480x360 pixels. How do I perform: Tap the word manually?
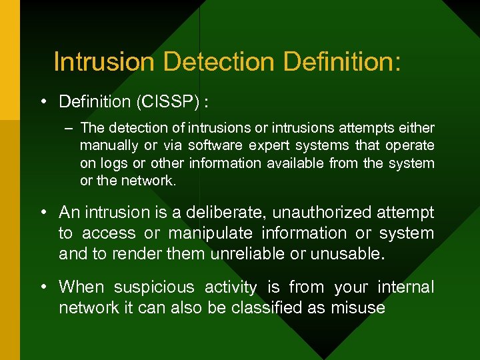pyautogui.click(x=107, y=145)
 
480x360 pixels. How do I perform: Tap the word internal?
pyautogui.click(x=405, y=287)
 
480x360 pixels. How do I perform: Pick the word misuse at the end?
pyautogui.click(x=358, y=307)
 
